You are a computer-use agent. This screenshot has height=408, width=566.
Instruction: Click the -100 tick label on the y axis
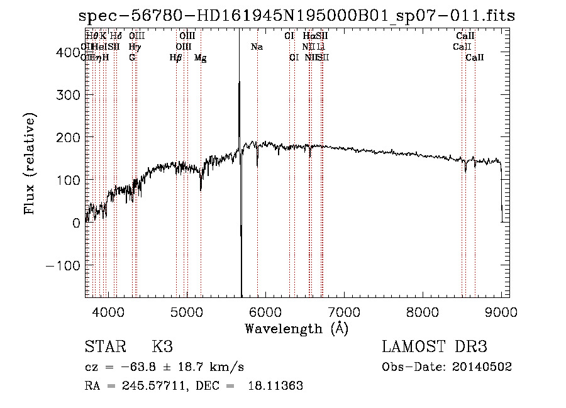tap(60, 265)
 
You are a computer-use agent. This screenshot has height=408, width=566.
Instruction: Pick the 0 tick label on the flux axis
tap(76, 223)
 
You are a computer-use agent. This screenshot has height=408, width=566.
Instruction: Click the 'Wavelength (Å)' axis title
tap(296, 329)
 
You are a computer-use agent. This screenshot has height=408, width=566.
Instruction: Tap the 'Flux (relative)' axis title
tap(30, 163)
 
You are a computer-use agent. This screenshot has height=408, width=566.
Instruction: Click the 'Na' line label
tap(257, 47)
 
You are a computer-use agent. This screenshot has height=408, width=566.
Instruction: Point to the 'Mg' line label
tap(201, 58)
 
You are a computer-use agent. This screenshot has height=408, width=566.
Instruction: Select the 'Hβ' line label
tap(175, 58)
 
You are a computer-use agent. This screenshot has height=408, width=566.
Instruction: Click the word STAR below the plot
tap(105, 347)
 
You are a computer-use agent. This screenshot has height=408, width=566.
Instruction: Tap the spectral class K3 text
tap(162, 347)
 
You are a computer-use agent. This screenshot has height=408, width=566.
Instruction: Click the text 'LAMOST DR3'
tap(435, 347)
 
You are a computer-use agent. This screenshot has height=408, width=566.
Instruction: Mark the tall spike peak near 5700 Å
tap(239, 82)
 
